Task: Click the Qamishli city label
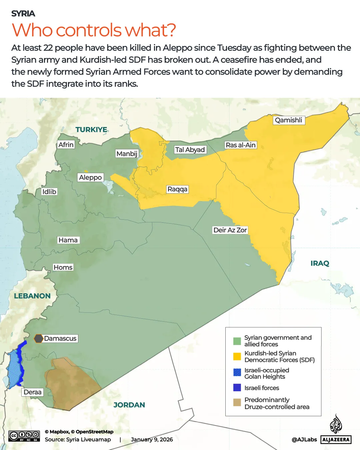click(289, 120)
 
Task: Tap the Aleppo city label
click(90, 177)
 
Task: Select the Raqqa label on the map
click(177, 189)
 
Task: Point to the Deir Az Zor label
click(230, 230)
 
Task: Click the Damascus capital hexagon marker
click(39, 339)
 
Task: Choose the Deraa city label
click(33, 392)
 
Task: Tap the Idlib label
click(49, 192)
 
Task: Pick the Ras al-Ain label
click(241, 145)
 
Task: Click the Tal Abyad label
click(190, 150)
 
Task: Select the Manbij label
click(127, 154)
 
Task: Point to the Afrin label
click(66, 145)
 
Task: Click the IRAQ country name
click(320, 263)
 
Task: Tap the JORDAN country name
click(129, 405)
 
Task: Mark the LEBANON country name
click(32, 296)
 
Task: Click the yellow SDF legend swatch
click(237, 356)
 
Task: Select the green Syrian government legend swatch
click(237, 341)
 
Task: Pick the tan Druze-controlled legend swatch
click(237, 403)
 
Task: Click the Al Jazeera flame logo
click(336, 424)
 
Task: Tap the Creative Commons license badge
click(24, 436)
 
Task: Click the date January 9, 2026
click(152, 439)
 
